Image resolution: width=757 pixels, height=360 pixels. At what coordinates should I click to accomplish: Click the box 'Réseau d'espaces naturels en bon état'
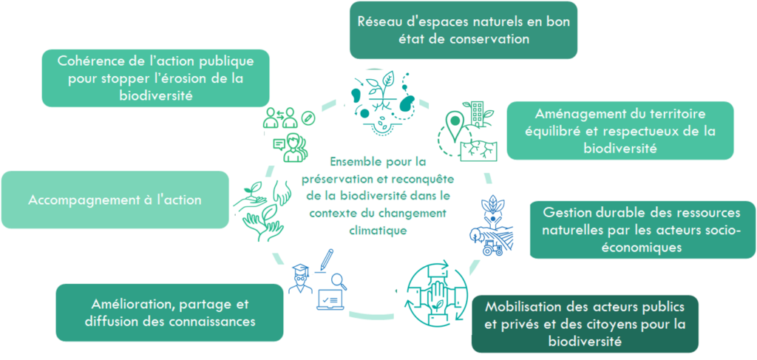coord(464,30)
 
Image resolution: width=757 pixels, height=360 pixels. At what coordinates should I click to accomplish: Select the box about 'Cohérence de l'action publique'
coord(155,78)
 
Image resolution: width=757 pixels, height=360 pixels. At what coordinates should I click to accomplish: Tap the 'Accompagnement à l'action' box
coord(115,200)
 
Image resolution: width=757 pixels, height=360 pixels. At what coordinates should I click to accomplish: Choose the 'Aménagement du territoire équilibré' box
coord(620,130)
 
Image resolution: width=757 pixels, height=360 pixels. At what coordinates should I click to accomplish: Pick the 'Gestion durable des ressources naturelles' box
coord(643,230)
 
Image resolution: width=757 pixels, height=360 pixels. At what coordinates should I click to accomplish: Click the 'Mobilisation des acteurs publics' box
coord(585,324)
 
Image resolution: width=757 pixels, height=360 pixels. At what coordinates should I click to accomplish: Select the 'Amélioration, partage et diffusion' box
coord(169,313)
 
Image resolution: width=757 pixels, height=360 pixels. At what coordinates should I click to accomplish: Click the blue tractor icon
coord(493,248)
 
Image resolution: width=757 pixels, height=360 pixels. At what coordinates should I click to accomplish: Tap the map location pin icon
coord(455,125)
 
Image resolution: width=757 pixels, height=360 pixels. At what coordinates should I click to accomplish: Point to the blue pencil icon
coord(327,259)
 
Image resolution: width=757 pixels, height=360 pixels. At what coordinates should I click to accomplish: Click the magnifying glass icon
coord(339,281)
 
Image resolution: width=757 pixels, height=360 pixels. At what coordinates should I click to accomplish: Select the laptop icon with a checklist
coord(330,299)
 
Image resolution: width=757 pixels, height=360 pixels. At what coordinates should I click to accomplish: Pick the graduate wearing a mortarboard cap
coord(300,279)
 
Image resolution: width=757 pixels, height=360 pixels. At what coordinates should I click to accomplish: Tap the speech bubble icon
coord(279,144)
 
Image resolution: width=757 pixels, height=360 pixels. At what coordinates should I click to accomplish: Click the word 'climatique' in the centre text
coord(378,231)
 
